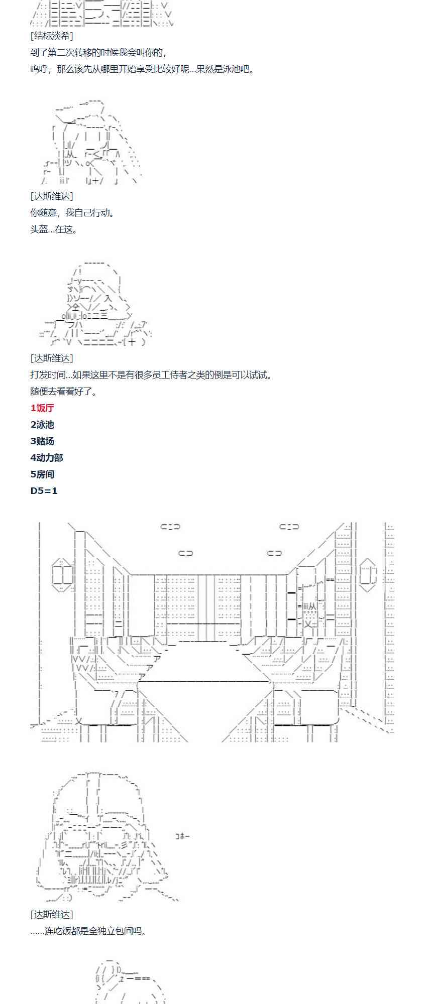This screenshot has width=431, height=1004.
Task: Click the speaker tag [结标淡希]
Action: point(51,36)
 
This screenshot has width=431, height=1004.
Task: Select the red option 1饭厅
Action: point(42,408)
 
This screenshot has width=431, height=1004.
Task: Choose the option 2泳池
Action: point(42,425)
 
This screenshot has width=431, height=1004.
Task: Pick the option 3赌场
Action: point(42,441)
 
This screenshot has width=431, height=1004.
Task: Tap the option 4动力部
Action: point(47,458)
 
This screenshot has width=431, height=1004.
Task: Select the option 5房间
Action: point(42,474)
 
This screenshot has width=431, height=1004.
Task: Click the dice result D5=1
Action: point(44,491)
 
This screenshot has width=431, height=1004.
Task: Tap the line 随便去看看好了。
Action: point(64,392)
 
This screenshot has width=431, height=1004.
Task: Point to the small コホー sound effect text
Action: point(182,836)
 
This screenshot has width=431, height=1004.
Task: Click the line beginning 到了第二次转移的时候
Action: point(98,53)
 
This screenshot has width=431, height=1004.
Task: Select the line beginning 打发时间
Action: point(151,375)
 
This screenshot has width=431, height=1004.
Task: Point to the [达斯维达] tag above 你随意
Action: point(51,196)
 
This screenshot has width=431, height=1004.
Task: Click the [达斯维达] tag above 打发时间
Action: point(51,358)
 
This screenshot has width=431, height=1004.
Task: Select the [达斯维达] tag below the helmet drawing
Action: point(51,915)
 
